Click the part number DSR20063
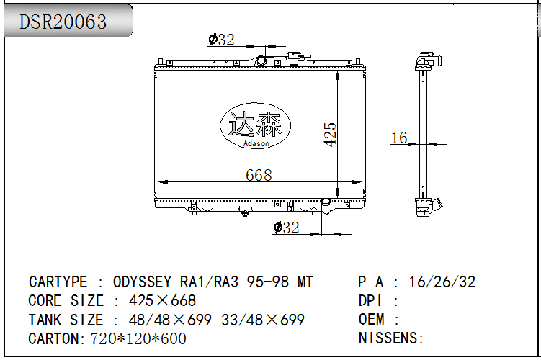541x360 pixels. pyautogui.click(x=63, y=22)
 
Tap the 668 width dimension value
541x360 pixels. pyautogui.click(x=259, y=175)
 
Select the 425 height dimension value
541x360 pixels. pyautogui.click(x=330, y=135)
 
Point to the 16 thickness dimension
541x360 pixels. pyautogui.click(x=399, y=138)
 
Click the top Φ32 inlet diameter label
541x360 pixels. pyautogui.click(x=221, y=40)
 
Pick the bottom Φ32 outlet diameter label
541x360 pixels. pyautogui.click(x=287, y=228)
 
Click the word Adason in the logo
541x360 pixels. pyautogui.click(x=256, y=143)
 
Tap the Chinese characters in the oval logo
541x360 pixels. pyautogui.click(x=255, y=124)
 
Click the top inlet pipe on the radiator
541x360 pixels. pyautogui.click(x=261, y=61)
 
